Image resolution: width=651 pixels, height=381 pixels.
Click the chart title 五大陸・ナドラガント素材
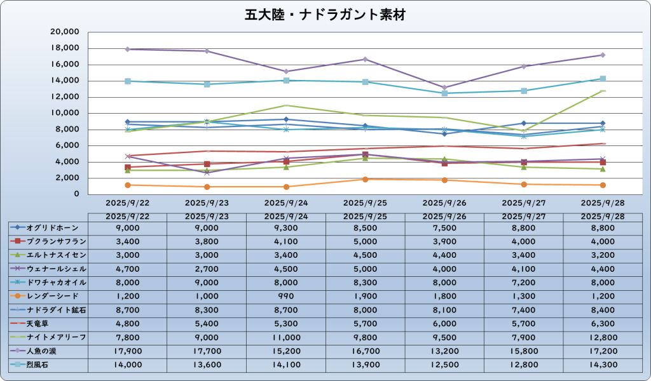[325, 14]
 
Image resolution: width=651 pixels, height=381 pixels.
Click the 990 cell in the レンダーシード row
[286, 296]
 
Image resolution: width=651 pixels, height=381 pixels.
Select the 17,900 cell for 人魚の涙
[128, 350]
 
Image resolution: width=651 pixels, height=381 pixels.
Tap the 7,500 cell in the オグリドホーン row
[444, 227]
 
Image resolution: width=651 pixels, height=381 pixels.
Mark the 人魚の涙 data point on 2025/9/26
[444, 88]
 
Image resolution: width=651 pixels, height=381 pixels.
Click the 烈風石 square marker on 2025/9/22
[128, 81]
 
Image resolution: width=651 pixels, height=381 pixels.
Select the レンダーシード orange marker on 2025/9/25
[366, 179]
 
